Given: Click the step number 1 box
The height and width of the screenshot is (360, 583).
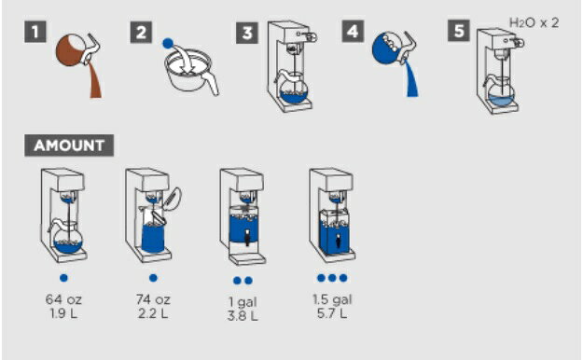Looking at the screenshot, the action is coord(35,32).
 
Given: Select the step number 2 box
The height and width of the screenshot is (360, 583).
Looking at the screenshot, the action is coord(141,33).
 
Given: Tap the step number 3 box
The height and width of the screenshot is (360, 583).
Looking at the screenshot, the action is coord(247,33).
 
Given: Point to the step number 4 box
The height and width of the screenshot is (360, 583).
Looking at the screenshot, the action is coord(353,31).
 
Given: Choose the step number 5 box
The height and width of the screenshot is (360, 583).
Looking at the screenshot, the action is coord(459,31).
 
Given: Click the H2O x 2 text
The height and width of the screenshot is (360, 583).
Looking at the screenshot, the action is coord(534,23).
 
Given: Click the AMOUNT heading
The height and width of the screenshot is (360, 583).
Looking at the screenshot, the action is coord(69,145).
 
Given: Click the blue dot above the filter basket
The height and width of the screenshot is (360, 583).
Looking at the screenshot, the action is coord(168,44).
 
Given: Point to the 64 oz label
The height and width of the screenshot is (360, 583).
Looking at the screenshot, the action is coord(63,299).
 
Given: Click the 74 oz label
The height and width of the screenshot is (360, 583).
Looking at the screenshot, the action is coord(153,299).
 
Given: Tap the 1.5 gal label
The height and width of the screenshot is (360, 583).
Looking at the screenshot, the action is coord(332,299).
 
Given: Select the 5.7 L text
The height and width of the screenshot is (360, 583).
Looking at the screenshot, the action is coord(332,313).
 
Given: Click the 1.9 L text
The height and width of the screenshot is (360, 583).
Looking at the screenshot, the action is coord(63,313).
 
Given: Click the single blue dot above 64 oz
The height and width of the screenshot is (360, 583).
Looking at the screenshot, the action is coord(63,278).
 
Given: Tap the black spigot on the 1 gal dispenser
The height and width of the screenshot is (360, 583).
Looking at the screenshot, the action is coord(247,237).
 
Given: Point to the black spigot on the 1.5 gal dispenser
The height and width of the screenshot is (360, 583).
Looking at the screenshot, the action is coord(338,241).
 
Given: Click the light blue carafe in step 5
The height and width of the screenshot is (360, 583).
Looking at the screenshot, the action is coord(501,93).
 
